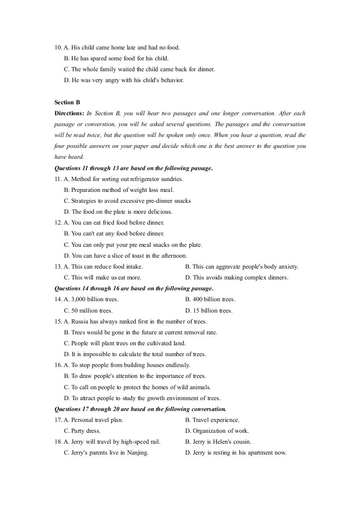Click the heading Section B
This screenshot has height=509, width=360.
point(67,103)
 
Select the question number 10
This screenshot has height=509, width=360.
point(58,47)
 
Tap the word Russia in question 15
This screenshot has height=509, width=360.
point(81,322)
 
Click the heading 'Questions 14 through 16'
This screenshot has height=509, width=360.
point(133,289)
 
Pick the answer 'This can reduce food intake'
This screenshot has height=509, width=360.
point(107,267)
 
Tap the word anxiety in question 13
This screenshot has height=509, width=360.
point(287,267)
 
